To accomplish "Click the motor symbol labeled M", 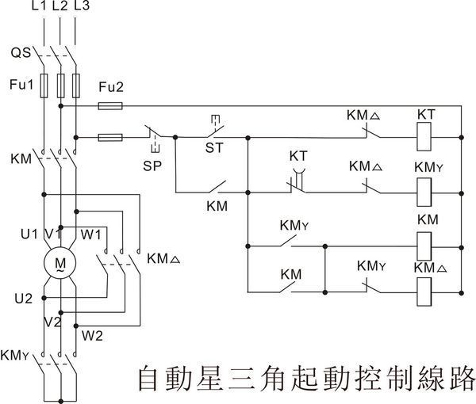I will click(x=59, y=262).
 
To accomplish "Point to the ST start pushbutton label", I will click(x=213, y=147).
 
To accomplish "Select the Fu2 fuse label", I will click(x=110, y=86).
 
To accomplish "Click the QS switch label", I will click(x=21, y=53).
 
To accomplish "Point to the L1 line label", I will click(x=37, y=7).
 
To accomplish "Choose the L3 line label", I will click(x=79, y=7).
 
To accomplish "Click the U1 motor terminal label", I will click(x=29, y=234).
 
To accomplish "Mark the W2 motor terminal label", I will click(x=94, y=333).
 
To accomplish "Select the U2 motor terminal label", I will click(x=23, y=299).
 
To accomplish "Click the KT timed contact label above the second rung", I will click(x=298, y=156).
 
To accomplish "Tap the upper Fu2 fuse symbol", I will click(x=109, y=105).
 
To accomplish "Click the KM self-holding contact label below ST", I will click(x=216, y=205).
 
